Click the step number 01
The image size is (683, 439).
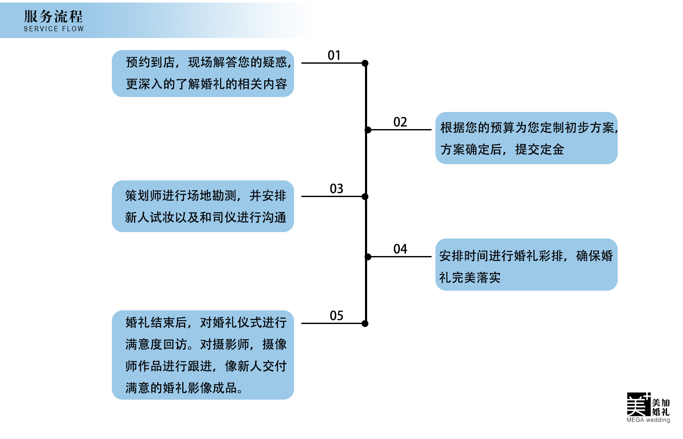(x=334, y=55)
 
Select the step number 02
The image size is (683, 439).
(x=400, y=122)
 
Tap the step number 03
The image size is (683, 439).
(x=336, y=189)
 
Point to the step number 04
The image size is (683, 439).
(x=400, y=249)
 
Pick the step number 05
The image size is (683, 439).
(x=336, y=315)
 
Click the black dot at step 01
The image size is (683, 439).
(x=365, y=63)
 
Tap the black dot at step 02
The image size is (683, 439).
(x=368, y=130)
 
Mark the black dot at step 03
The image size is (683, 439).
(x=365, y=197)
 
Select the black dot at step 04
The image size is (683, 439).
(x=368, y=257)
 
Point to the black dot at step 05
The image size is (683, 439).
(x=365, y=324)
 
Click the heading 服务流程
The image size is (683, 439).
(x=53, y=16)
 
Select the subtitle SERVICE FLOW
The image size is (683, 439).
(x=54, y=29)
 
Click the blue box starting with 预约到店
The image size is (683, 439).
(x=203, y=74)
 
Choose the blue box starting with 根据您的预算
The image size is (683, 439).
(x=526, y=138)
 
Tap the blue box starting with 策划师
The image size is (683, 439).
(x=203, y=206)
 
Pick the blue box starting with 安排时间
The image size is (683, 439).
(x=526, y=265)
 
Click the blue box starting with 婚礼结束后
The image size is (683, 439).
(x=203, y=355)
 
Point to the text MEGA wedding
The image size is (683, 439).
(x=648, y=420)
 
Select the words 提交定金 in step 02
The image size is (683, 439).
(x=540, y=150)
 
